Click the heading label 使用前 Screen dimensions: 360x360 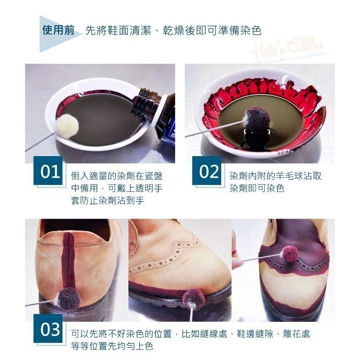tap(58, 31)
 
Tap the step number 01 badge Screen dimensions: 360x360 tap(49, 172)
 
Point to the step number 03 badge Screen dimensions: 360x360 tap(49, 330)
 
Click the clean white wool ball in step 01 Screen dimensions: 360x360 tap(67, 126)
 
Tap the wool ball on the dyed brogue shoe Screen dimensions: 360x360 tap(290, 253)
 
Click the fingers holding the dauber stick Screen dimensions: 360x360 tap(236, 256)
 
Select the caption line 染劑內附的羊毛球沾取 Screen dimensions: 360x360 tap(275, 177)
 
